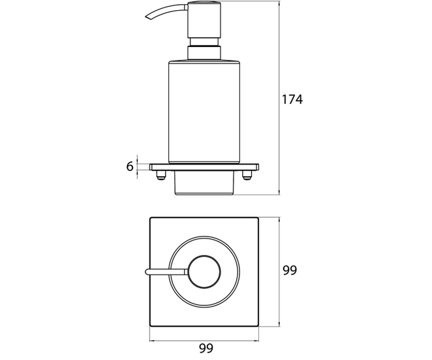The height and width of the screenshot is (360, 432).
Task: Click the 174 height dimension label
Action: pyautogui.click(x=292, y=99)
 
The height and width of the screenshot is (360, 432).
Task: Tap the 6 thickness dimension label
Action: pyautogui.click(x=130, y=166)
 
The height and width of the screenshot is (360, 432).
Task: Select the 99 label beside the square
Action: pyautogui.click(x=290, y=270)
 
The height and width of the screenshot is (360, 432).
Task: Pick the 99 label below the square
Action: pyautogui.click(x=206, y=348)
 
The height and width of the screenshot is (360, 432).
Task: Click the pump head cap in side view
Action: pyautogui.click(x=204, y=20)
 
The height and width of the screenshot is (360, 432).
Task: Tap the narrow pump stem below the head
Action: pyautogui.click(x=204, y=42)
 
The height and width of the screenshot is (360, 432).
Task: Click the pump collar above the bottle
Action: pyautogui.click(x=204, y=53)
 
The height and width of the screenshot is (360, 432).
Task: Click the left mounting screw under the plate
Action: pyautogui.click(x=161, y=175)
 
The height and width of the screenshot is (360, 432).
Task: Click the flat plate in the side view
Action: pyautogui.click(x=204, y=167)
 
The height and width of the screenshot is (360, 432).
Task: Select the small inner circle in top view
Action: pyautogui.click(x=189, y=272)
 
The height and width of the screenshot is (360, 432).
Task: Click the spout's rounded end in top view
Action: pyautogui.click(x=147, y=272)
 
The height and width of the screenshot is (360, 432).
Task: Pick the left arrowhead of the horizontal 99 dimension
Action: pyautogui.click(x=152, y=341)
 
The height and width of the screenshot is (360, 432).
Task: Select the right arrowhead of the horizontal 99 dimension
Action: pyautogui.click(x=256, y=341)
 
